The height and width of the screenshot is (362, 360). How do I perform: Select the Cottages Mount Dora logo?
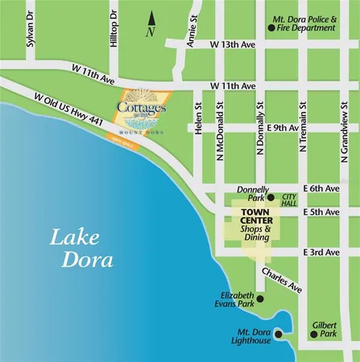point(141,117)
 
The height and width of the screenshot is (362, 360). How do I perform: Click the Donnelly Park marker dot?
point(271,197)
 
